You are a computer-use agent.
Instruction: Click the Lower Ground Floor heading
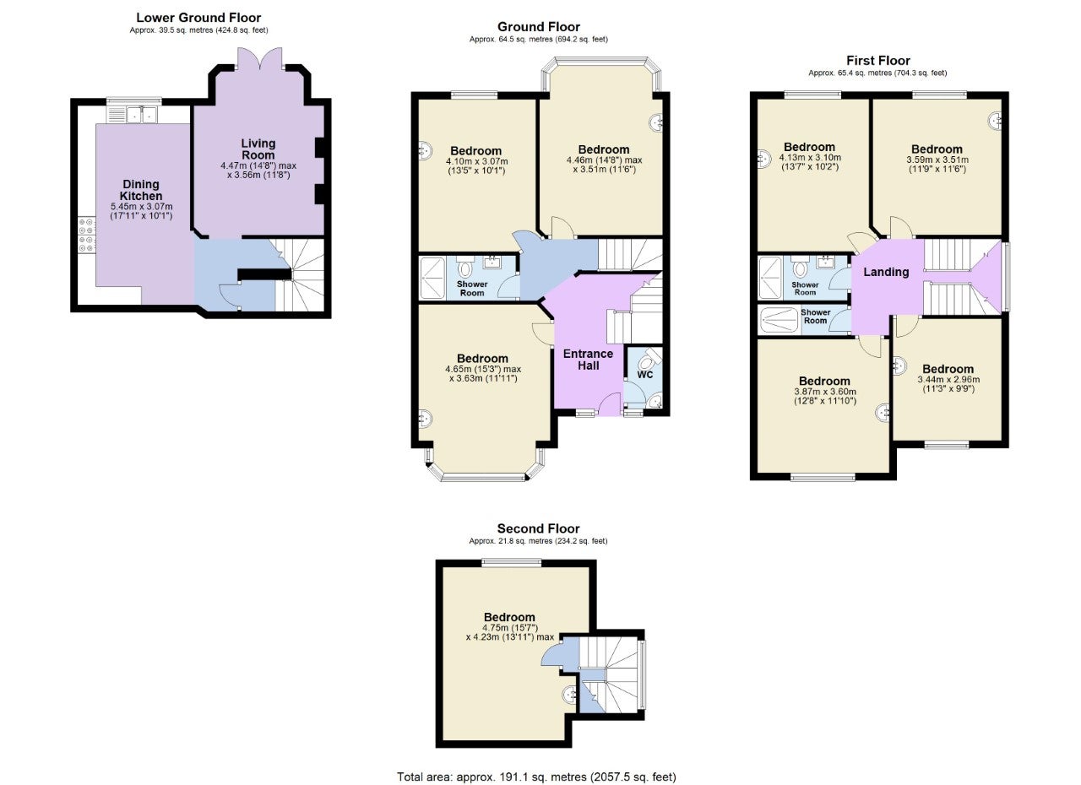pyautogui.click(x=198, y=18)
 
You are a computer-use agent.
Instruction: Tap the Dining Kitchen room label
pyautogui.click(x=141, y=190)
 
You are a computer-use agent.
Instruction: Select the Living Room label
pyautogui.click(x=258, y=149)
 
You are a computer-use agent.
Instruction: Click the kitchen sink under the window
pyautogui.click(x=142, y=115)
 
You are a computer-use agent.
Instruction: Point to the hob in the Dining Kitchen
pyautogui.click(x=87, y=235)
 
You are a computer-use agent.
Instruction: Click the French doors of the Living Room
pyautogui.click(x=259, y=59)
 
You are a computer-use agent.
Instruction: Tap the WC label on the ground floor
pyautogui.click(x=644, y=375)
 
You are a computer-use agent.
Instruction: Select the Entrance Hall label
pyautogui.click(x=589, y=360)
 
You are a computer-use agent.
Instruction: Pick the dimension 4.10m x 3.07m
pyautogui.click(x=477, y=161)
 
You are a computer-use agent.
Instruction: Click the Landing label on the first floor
pyautogui.click(x=886, y=272)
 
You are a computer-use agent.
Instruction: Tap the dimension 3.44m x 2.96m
pyautogui.click(x=948, y=380)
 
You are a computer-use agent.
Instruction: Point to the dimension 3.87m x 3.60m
pyautogui.click(x=825, y=392)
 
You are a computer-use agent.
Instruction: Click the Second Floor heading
pyautogui.click(x=539, y=528)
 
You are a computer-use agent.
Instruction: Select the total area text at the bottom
pyautogui.click(x=536, y=763)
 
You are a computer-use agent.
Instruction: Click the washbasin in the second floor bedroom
pyautogui.click(x=569, y=695)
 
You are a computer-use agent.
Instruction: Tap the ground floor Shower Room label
pyautogui.click(x=472, y=289)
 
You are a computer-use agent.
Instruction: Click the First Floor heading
pyautogui.click(x=878, y=61)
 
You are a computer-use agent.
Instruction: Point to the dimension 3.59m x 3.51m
pyautogui.click(x=937, y=160)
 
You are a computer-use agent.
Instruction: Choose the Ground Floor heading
pyautogui.click(x=539, y=27)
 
